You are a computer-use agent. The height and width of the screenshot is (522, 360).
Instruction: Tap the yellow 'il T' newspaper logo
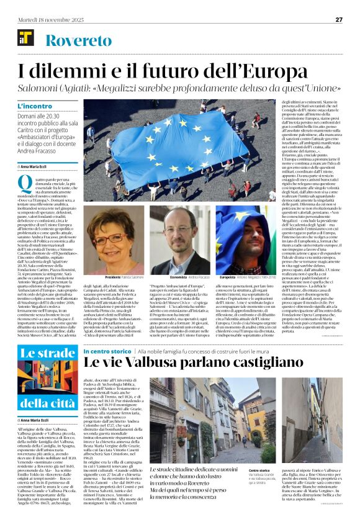pyautogui.click(x=25, y=41)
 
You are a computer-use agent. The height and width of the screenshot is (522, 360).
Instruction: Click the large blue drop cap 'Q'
pyautogui.click(x=24, y=182)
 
